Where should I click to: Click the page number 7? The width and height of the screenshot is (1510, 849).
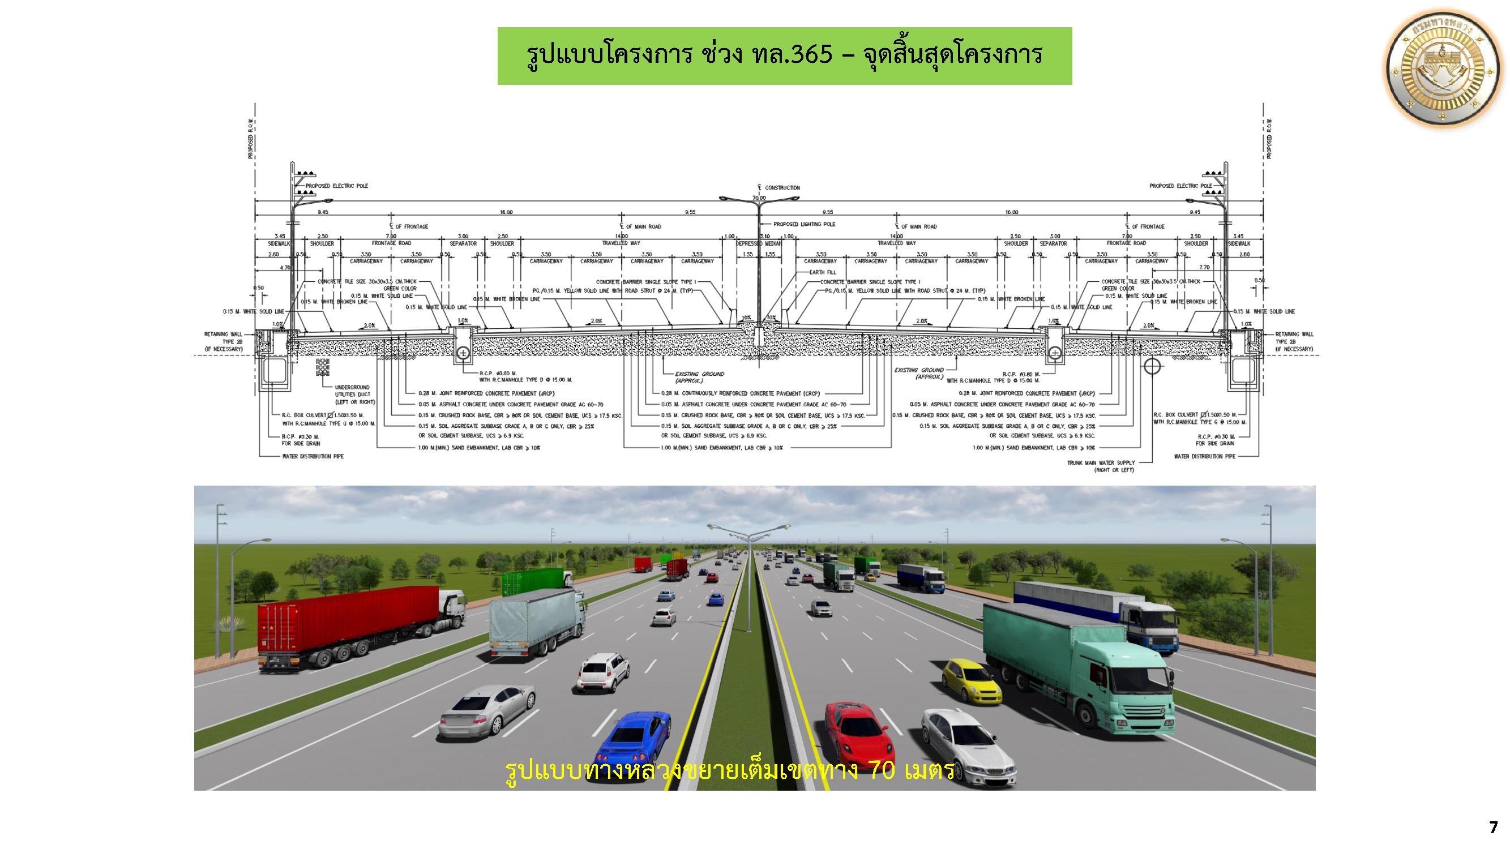click(x=1492, y=827)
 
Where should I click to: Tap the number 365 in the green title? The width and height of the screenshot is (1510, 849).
click(x=811, y=54)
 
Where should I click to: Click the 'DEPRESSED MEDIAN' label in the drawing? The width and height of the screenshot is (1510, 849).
click(x=759, y=244)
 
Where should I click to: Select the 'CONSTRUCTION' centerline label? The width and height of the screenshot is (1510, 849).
click(x=782, y=188)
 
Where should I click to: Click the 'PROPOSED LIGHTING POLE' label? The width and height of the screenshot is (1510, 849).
click(x=803, y=224)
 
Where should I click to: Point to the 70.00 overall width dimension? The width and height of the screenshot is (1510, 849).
click(x=759, y=198)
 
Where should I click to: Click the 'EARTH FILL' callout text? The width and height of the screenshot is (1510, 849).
click(x=823, y=272)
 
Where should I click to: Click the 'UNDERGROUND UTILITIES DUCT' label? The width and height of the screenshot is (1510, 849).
click(x=353, y=395)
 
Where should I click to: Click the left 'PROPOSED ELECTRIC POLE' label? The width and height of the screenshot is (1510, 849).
click(x=336, y=186)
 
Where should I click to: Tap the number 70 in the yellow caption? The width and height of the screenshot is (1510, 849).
click(x=882, y=770)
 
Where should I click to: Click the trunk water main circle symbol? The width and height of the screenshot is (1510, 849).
click(x=1152, y=367)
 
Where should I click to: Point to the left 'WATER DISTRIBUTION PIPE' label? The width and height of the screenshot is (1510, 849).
click(x=313, y=456)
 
